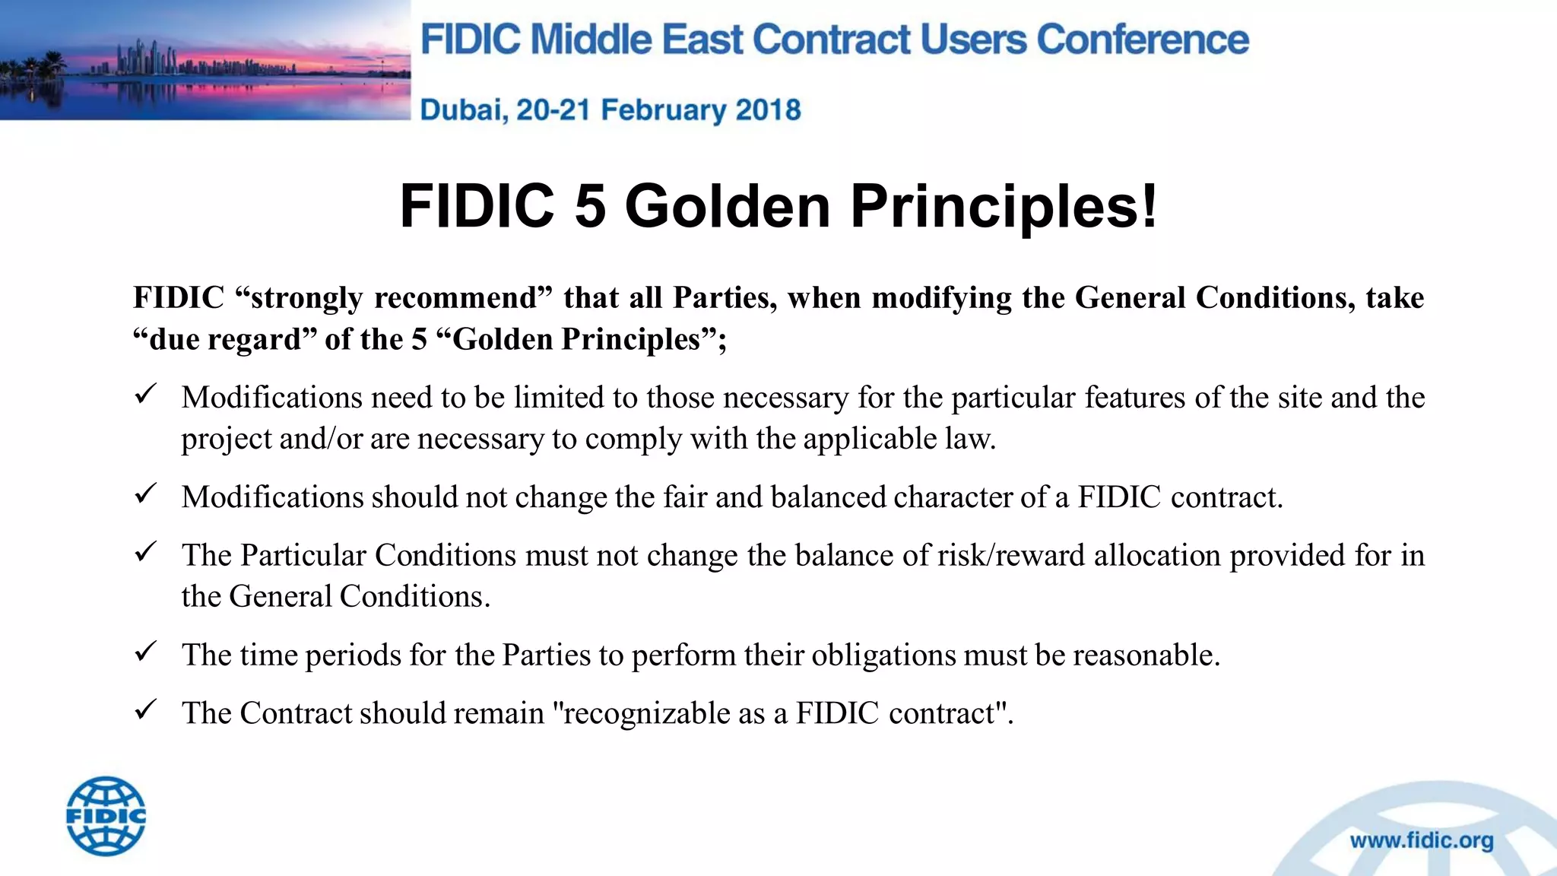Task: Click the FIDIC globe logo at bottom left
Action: click(x=106, y=816)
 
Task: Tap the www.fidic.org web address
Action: click(x=1421, y=840)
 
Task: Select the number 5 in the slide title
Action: click(x=590, y=206)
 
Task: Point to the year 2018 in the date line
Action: click(x=768, y=110)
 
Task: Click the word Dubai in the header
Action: click(x=463, y=110)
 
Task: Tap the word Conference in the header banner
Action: click(x=1143, y=40)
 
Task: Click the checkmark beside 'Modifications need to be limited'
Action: click(x=145, y=394)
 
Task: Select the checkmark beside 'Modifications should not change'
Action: click(x=145, y=494)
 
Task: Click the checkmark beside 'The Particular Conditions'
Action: click(x=145, y=552)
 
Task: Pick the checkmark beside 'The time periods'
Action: click(x=145, y=652)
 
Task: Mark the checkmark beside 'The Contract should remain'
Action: click(x=145, y=709)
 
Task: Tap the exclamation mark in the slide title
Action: click(x=1148, y=206)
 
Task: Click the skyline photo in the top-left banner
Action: click(x=205, y=60)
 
